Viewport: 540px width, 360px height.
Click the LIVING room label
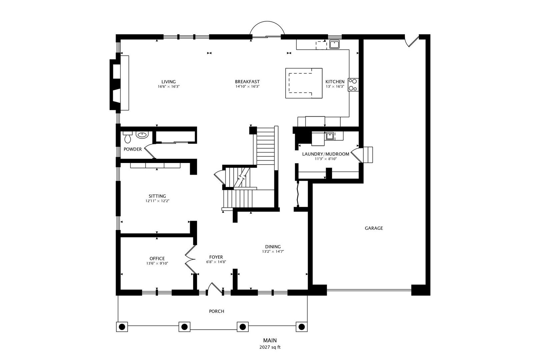pyautogui.click(x=169, y=82)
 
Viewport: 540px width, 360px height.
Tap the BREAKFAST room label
pyautogui.click(x=247, y=82)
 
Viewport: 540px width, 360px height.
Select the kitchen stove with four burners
pyautogui.click(x=353, y=85)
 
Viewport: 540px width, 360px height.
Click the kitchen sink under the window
pyautogui.click(x=334, y=44)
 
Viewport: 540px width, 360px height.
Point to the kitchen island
pyautogui.click(x=304, y=83)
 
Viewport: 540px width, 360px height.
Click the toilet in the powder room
pyautogui.click(x=128, y=137)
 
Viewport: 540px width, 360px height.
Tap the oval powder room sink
pyautogui.click(x=142, y=135)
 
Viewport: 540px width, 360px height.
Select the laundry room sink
pyautogui.click(x=329, y=136)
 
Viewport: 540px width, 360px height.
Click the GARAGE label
pyautogui.click(x=374, y=228)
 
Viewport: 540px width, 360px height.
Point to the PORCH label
pyautogui.click(x=216, y=311)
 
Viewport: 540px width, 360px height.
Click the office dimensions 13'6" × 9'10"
pyautogui.click(x=157, y=264)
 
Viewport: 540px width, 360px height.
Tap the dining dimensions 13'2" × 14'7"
pyautogui.click(x=273, y=251)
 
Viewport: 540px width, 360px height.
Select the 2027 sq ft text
pyautogui.click(x=270, y=347)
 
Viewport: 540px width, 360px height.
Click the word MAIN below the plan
pyautogui.click(x=270, y=340)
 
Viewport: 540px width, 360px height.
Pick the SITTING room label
pyautogui.click(x=157, y=196)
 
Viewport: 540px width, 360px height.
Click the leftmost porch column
pyautogui.click(x=122, y=327)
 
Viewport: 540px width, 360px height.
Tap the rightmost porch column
pyautogui.click(x=302, y=327)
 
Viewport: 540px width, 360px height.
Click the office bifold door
pyautogui.click(x=190, y=259)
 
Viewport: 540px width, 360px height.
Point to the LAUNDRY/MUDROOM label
pyautogui.click(x=325, y=154)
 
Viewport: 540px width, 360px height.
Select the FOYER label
pyautogui.click(x=216, y=257)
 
